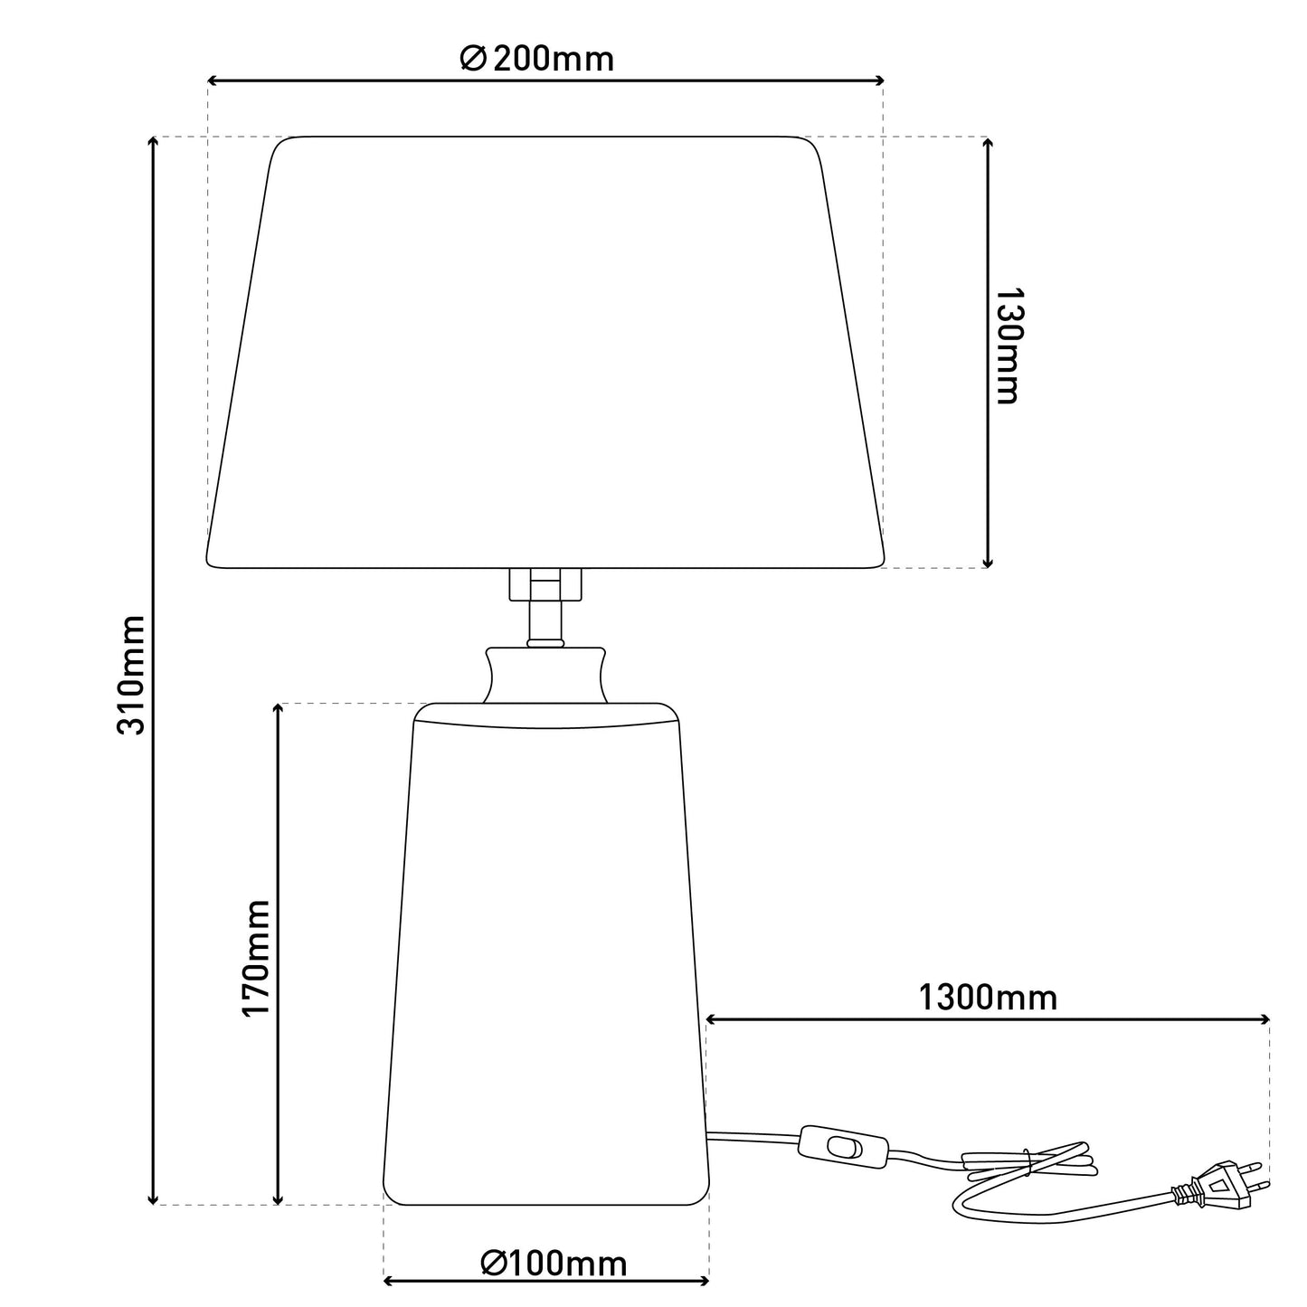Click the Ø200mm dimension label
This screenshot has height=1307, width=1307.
(536, 59)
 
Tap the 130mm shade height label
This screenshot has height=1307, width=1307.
(1008, 346)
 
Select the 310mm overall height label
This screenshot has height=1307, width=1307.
(131, 675)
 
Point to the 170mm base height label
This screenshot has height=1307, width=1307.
(256, 959)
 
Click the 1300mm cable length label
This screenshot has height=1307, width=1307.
(988, 998)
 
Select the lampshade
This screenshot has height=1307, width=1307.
(545, 352)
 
